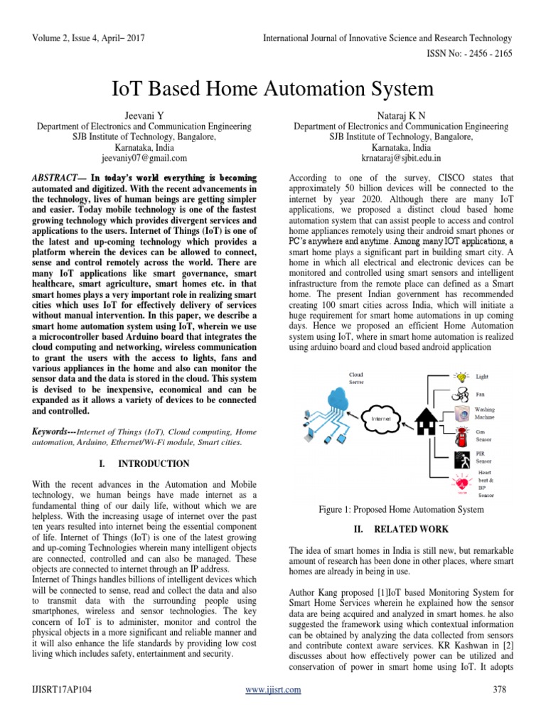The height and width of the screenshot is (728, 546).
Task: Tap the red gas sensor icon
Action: [461, 433]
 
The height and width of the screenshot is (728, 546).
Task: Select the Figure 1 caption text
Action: [402, 509]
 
